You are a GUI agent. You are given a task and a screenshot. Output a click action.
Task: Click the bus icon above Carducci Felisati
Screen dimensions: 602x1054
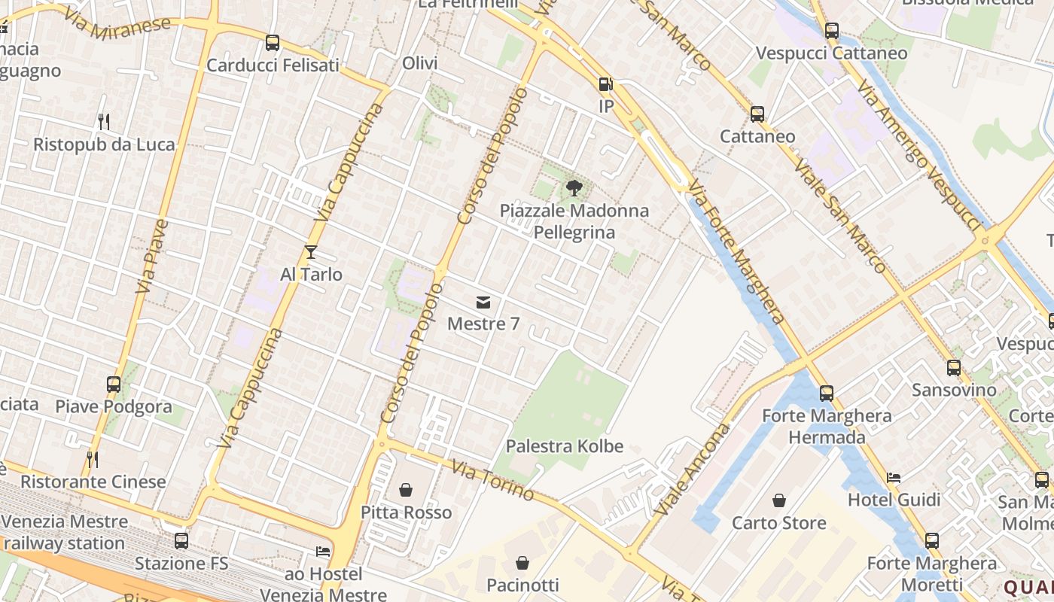[273, 43]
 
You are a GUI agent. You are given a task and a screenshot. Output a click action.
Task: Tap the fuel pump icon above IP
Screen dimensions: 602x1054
[606, 84]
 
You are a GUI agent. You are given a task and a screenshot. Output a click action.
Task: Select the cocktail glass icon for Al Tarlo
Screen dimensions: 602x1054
[311, 252]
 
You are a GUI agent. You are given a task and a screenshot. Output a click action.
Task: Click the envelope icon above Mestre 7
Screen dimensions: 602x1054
[483, 303]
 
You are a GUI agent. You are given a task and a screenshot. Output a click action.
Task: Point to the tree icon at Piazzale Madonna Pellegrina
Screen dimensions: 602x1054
[574, 188]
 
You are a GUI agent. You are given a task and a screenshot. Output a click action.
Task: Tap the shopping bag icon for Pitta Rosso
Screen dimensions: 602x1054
[406, 491]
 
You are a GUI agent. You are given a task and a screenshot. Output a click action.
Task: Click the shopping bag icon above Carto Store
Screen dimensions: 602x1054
[779, 500]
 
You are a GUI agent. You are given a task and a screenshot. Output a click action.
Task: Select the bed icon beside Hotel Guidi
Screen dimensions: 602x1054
[894, 477]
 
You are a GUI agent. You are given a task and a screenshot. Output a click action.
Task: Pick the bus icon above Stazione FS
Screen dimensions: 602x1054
[181, 541]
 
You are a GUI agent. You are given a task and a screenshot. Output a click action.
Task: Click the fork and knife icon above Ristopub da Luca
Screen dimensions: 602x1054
[104, 121]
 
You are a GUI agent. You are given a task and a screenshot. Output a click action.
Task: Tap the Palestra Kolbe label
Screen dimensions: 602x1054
[565, 446]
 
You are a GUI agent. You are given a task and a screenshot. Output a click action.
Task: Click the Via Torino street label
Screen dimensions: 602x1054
[493, 481]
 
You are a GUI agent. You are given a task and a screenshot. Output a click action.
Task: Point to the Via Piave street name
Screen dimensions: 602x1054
[152, 256]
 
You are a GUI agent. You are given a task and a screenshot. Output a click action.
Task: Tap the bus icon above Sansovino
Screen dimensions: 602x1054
[954, 368]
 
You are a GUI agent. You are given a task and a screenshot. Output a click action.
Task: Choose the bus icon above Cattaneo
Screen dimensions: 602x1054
[757, 114]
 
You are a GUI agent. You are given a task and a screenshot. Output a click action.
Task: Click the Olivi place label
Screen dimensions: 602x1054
[420, 63]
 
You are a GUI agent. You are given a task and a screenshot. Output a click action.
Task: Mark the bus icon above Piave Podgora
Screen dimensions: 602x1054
[114, 385]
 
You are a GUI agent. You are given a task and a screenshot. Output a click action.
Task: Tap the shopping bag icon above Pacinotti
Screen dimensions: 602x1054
[522, 563]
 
